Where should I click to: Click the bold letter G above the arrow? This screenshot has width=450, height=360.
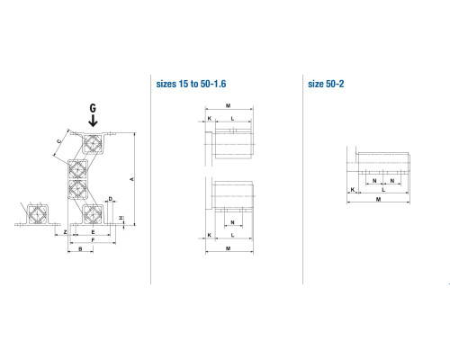click(93, 108)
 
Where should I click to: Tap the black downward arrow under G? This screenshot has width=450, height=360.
click(93, 121)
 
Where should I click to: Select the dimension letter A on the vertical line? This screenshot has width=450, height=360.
click(131, 179)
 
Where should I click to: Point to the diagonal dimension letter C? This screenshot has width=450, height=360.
click(59, 141)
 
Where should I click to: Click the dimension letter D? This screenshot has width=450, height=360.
click(111, 199)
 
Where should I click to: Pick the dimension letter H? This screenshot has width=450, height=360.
click(121, 218)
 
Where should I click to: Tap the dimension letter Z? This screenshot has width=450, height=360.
click(65, 232)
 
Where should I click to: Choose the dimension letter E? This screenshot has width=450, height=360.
click(93, 232)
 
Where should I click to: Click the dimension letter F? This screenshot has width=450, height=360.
click(93, 240)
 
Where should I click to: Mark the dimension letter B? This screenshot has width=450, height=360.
click(80, 249)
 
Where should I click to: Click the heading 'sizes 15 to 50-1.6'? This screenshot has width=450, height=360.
click(191, 84)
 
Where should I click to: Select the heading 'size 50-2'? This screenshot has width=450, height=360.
click(326, 84)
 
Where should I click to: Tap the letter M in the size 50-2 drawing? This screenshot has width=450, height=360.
click(378, 199)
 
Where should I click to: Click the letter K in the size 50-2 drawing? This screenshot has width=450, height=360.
click(353, 190)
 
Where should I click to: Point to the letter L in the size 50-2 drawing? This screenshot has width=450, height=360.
click(383, 190)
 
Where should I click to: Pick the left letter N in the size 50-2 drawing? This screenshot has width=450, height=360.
click(374, 181)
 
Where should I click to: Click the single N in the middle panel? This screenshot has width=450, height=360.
click(232, 222)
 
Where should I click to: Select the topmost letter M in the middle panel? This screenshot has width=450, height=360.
click(228, 105)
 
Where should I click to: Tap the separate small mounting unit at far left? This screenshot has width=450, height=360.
click(38, 214)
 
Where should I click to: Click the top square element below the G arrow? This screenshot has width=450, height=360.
click(93, 143)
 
